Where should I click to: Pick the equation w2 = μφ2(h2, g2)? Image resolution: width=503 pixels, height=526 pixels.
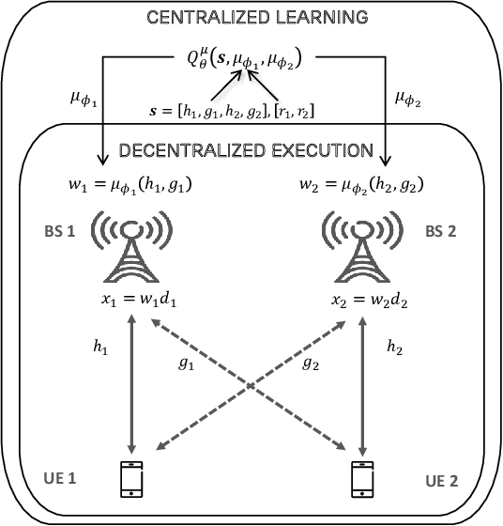tap(359, 186)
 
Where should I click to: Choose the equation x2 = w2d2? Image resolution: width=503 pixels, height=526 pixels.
tap(362, 302)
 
